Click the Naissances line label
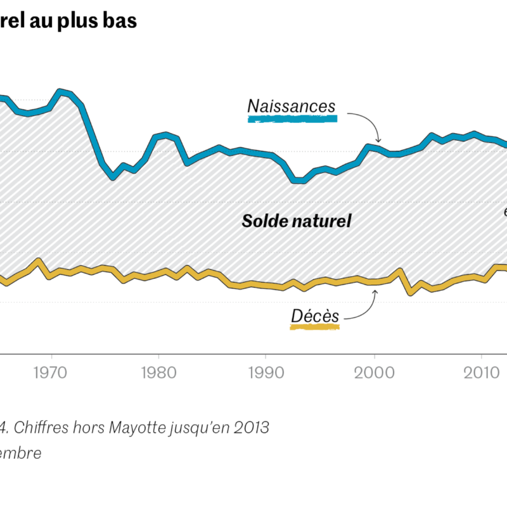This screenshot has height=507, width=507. pos(291,106)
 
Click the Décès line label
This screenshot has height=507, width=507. pos(315,316)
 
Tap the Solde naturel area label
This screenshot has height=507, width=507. pos(297,221)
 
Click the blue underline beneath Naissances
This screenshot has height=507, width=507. pos(292,119)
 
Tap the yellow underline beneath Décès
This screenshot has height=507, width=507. pos(315,327)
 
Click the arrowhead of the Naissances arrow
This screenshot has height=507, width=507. pos(378,141)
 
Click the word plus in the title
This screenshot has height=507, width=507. pos(81,20)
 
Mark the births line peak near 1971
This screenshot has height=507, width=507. pos(61,92)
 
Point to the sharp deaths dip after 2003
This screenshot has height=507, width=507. pos(410,292)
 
